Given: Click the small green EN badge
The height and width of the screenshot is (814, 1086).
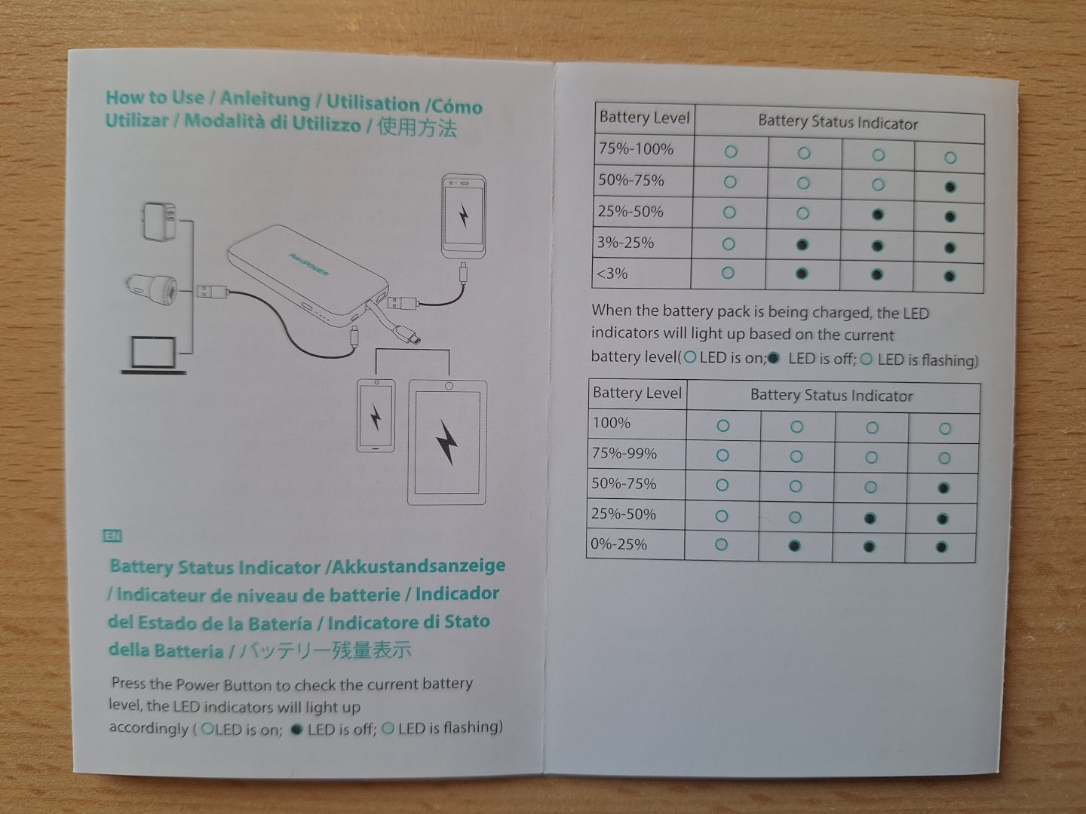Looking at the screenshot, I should pyautogui.click(x=112, y=537).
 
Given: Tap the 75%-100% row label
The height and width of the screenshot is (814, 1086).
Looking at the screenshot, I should pyautogui.click(x=636, y=149).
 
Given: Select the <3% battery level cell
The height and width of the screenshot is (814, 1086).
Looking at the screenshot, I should pyautogui.click(x=612, y=274).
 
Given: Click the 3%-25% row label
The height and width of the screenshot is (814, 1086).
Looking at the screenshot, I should pyautogui.click(x=626, y=243).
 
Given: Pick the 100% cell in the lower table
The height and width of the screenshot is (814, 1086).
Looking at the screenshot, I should pyautogui.click(x=612, y=423).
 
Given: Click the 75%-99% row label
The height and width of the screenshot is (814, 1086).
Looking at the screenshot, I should pyautogui.click(x=624, y=454).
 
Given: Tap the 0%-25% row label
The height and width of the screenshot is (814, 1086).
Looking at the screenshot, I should pyautogui.click(x=619, y=544).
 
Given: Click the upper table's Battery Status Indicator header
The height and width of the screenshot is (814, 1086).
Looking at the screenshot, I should pyautogui.click(x=838, y=123).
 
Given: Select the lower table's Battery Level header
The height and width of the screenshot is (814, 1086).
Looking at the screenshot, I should pyautogui.click(x=637, y=393).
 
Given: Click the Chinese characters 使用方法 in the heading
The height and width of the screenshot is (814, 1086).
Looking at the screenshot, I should pyautogui.click(x=417, y=127).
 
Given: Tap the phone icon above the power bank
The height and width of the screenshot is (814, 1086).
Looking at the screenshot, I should pyautogui.click(x=463, y=217).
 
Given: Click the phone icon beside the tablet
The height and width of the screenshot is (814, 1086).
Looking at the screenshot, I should pyautogui.click(x=376, y=416).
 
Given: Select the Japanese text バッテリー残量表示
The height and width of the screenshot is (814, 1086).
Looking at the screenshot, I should pyautogui.click(x=325, y=650).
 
